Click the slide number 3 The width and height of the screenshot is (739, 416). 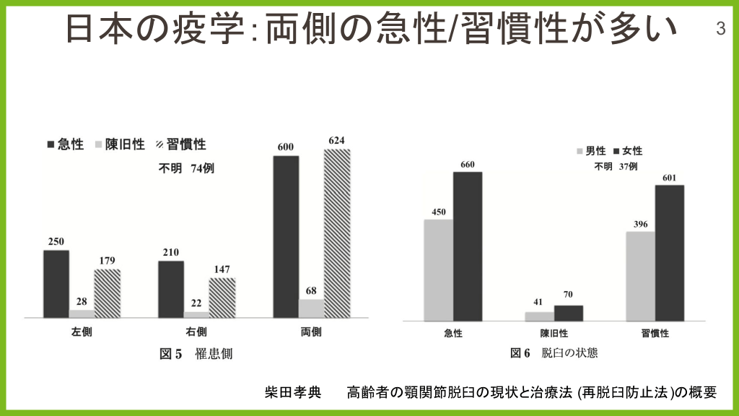click(720, 29)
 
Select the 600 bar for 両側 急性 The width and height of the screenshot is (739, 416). click(287, 236)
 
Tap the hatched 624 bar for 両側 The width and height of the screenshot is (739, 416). click(337, 233)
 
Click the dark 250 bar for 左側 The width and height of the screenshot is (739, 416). click(56, 284)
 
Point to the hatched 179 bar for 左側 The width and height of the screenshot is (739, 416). click(107, 293)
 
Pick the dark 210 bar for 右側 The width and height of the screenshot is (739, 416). click(171, 289)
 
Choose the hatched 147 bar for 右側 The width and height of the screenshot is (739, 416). click(222, 298)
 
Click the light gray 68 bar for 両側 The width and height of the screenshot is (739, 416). click(312, 308)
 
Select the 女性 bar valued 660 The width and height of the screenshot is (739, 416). click(468, 246)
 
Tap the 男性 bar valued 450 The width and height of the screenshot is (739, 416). click(439, 269)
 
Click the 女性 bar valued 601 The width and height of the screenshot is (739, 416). click(670, 253)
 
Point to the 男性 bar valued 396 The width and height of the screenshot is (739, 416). click(641, 276)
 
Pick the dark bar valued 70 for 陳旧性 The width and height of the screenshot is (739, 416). click(569, 313)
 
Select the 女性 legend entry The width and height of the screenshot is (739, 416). click(627, 151)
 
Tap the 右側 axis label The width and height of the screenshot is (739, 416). click(196, 333)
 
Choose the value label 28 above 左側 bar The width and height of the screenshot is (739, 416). click(82, 300)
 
